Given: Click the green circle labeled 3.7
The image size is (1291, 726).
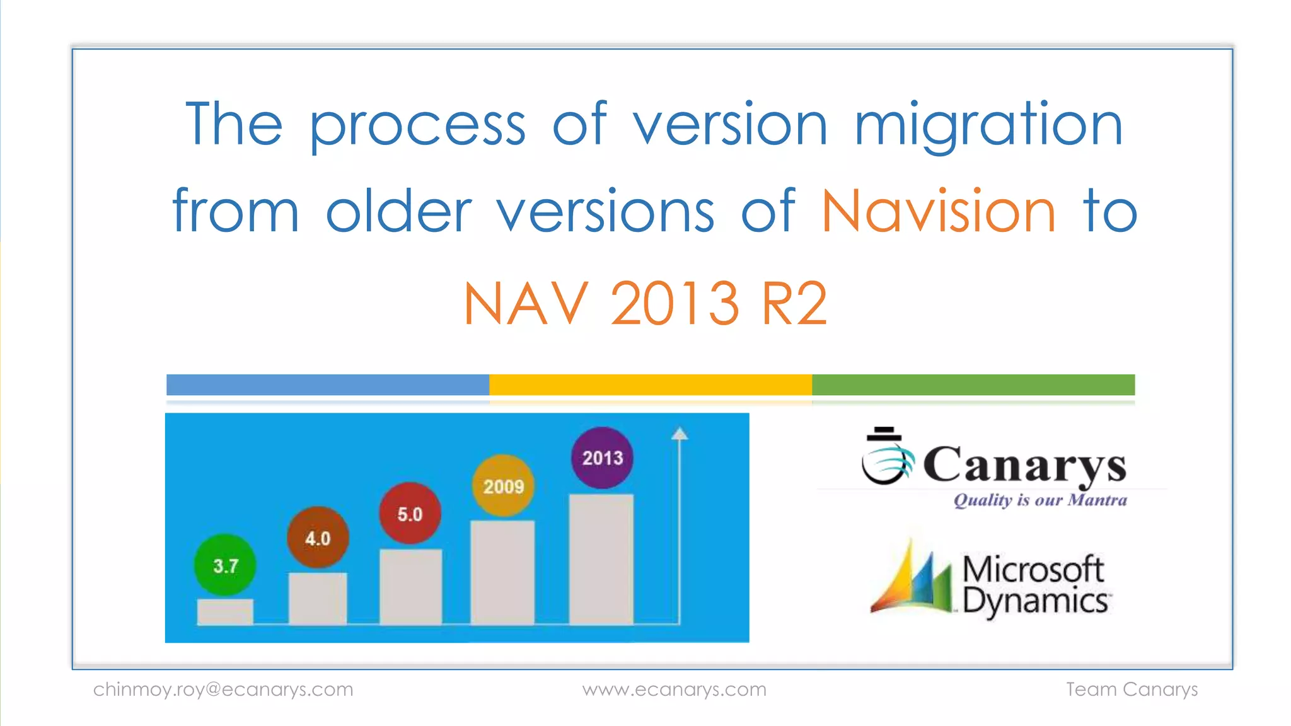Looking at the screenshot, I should [x=225, y=565].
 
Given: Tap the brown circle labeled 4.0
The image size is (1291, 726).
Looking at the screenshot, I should [x=318, y=538].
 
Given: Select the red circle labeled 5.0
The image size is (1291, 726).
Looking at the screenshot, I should [x=410, y=514].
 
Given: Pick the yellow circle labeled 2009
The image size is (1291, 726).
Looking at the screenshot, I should [x=503, y=486].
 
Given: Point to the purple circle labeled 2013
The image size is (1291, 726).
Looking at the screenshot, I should [x=602, y=458].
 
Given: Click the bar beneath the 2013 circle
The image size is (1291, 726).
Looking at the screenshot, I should [x=601, y=559].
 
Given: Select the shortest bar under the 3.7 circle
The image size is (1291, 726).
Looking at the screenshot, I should [x=225, y=611].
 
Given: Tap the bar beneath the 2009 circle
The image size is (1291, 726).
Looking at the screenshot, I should [x=502, y=572].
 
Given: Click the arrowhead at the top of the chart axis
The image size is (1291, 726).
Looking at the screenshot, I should [x=679, y=434].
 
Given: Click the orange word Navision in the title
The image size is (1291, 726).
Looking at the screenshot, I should [x=938, y=212].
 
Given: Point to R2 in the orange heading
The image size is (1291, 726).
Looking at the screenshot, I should [x=794, y=304].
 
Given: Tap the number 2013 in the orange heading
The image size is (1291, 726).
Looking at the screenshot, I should [x=674, y=304].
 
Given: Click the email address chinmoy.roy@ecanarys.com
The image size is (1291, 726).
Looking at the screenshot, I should [x=223, y=689].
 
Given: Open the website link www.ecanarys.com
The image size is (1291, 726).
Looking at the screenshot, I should [x=674, y=689].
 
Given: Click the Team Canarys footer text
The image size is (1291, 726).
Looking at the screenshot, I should [x=1132, y=689].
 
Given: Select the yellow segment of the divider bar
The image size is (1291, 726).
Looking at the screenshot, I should [x=651, y=384].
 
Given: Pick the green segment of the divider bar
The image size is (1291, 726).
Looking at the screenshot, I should [x=973, y=384].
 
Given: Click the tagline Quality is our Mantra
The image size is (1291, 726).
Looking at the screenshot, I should [x=1040, y=500].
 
